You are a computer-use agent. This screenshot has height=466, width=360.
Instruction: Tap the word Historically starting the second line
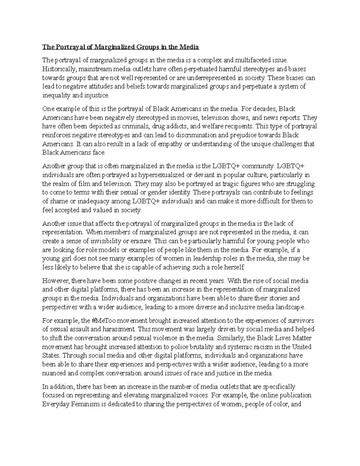pos(59,69)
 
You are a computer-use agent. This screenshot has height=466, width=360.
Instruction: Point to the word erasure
pos(142,241)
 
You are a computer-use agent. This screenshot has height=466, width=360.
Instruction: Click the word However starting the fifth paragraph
pos(56,281)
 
